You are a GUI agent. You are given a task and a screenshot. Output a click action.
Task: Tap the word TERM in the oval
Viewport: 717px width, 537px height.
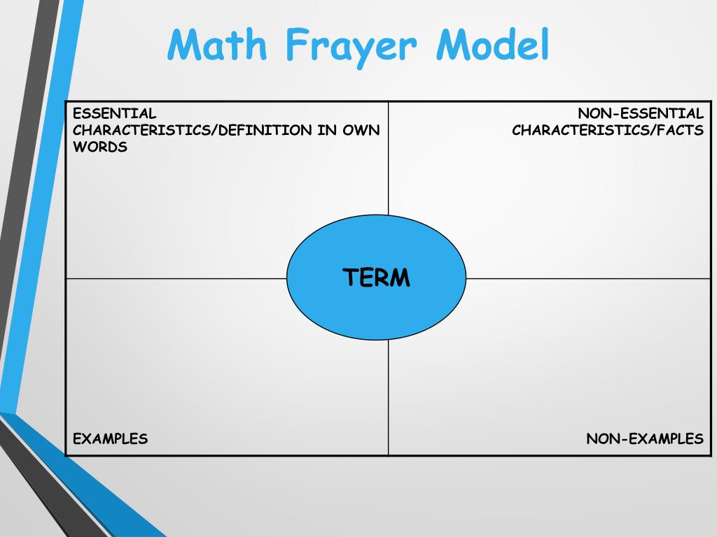point(377,278)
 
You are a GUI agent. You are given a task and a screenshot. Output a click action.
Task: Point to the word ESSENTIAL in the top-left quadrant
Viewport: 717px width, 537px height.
point(115,113)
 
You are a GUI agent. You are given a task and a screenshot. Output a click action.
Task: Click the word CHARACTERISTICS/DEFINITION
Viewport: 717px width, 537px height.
point(193,130)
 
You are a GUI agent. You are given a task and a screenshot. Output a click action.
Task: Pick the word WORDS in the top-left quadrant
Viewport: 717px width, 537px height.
point(100,147)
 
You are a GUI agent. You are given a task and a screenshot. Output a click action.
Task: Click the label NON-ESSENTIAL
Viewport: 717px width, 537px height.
point(641,113)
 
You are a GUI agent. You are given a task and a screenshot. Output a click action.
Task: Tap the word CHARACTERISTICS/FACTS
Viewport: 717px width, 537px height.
point(608,130)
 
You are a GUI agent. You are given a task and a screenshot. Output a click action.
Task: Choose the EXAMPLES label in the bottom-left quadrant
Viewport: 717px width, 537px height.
point(110,439)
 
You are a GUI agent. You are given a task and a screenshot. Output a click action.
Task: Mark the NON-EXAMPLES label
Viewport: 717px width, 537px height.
point(645,439)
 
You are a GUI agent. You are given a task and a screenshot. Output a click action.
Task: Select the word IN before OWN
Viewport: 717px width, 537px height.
point(325,130)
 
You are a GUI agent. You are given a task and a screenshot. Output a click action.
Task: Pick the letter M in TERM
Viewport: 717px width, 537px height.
point(400,278)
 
